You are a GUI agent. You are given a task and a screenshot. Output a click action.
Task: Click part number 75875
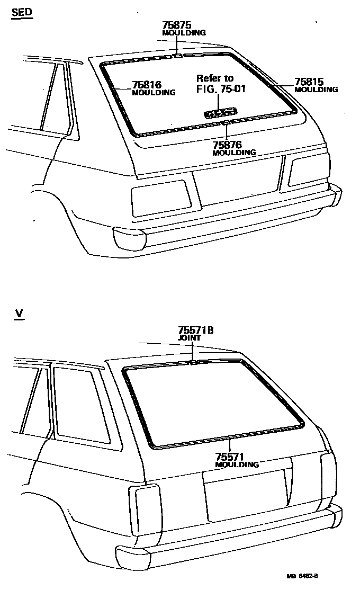176,25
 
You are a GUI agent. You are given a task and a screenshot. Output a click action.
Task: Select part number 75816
147,84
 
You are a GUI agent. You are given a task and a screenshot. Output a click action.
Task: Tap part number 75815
309,82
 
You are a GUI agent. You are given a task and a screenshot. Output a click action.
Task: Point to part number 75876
227,145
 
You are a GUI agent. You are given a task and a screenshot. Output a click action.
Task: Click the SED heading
22,12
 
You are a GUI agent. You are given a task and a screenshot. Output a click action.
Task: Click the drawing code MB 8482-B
305,575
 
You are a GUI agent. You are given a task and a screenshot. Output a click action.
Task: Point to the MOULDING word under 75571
237,464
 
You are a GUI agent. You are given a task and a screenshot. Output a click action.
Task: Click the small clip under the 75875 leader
178,54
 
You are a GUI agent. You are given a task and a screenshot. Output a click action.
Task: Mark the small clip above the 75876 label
225,123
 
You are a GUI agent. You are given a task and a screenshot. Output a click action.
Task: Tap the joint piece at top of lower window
194,363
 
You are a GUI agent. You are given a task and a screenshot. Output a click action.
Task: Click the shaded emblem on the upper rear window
220,112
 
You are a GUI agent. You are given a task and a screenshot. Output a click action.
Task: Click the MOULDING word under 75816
153,93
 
